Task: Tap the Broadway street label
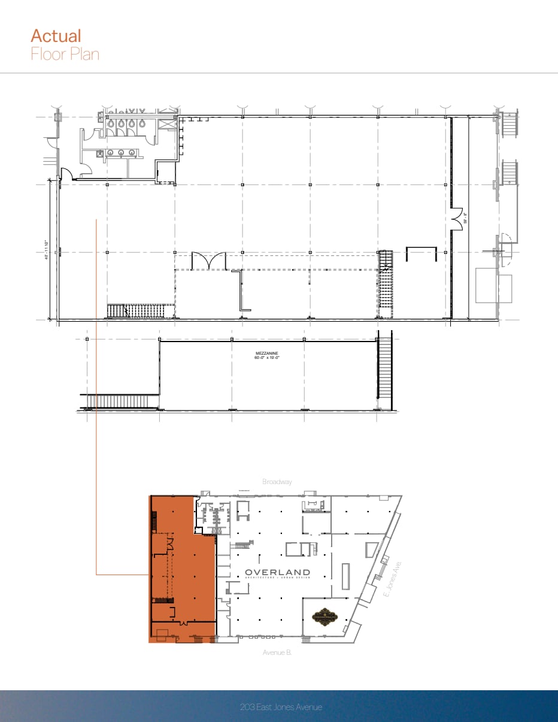277,482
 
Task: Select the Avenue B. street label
277,652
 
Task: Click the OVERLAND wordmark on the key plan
277,573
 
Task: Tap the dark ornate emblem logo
324,618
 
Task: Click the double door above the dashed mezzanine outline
208,261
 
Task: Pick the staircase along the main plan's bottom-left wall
140,310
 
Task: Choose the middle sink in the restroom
122,153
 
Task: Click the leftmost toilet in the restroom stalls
112,122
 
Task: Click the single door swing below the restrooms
67,174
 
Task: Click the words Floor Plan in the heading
65,54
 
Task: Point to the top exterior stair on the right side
508,125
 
